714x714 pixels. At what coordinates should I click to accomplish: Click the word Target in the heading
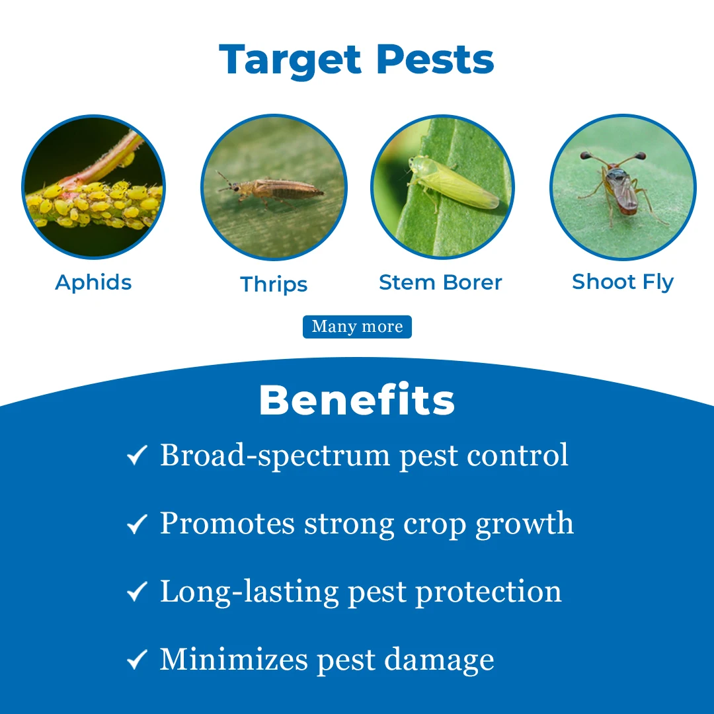point(290,59)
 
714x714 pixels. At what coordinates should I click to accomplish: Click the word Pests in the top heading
point(435,59)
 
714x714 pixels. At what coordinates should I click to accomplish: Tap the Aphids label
point(93,283)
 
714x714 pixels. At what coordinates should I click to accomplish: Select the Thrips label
point(274,284)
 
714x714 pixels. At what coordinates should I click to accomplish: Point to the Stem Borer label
point(440,282)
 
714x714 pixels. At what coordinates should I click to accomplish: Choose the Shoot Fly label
point(623,282)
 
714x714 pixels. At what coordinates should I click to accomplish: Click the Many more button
point(358,327)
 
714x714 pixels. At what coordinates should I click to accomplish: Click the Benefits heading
point(357,399)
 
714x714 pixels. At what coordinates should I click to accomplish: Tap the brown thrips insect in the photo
point(272,188)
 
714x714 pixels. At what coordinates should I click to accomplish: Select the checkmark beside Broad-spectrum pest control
point(137,455)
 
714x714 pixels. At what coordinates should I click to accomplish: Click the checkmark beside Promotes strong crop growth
point(137,524)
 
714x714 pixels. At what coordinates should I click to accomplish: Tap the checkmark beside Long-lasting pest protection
point(137,592)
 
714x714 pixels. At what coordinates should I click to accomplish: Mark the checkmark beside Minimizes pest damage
point(137,659)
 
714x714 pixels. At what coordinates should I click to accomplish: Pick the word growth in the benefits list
point(524,524)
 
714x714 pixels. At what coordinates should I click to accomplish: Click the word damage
point(439,660)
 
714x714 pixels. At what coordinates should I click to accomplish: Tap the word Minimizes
point(234,659)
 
